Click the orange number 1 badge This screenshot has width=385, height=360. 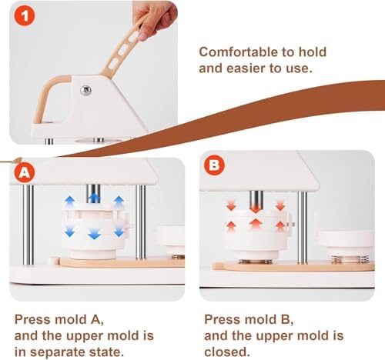point(25,16)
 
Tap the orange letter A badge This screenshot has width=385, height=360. point(25,172)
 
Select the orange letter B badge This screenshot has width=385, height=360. point(215,165)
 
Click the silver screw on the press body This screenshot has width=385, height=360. point(85,90)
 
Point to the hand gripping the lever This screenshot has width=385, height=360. point(154,20)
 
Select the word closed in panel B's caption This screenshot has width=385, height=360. point(227,352)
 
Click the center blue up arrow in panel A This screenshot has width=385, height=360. point(94,198)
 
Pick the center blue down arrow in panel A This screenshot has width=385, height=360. point(94,234)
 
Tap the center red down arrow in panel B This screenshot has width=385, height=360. point(256,208)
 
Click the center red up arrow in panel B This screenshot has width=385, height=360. point(255,224)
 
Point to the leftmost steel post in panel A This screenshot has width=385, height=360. point(28,225)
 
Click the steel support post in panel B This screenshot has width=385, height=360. point(303,228)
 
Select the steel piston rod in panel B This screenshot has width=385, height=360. point(256,201)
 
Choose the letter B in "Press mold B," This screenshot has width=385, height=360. point(285,319)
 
